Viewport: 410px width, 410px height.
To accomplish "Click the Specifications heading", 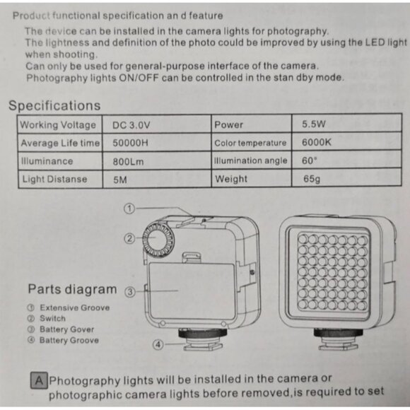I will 54,106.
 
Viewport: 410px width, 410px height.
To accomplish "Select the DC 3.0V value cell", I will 131,125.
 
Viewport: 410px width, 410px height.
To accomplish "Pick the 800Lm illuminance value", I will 129,161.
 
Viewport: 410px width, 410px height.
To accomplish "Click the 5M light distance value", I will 119,180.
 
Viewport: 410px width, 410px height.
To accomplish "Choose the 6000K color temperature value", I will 316,143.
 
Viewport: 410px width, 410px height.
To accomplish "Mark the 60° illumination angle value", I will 310,160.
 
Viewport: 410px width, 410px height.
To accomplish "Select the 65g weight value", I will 311,179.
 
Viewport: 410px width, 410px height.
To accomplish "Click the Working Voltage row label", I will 58,125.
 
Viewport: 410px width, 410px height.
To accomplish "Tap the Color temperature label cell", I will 250,143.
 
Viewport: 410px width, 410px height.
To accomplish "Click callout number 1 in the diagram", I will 129,209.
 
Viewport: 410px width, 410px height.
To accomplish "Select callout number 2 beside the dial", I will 129,239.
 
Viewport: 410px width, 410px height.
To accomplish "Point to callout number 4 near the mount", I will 158,345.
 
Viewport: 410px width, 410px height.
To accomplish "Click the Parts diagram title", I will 72,289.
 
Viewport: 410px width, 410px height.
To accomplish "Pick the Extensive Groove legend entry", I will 69,307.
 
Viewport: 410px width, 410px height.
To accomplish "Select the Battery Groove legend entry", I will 64,340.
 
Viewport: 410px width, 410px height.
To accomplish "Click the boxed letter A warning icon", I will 39,380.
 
